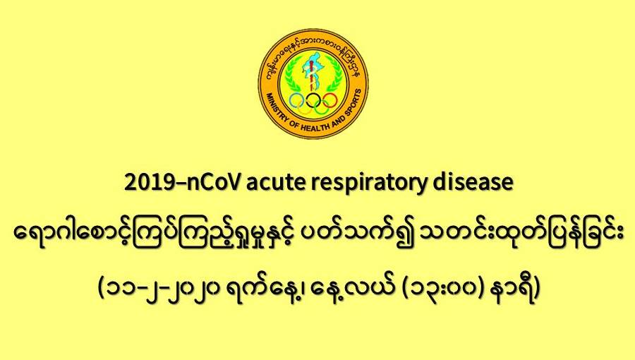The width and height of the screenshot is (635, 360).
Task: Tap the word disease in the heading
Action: point(473,182)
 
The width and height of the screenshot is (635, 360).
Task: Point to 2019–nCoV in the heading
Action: point(183,183)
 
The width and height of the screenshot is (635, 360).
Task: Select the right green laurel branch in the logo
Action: point(334,75)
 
